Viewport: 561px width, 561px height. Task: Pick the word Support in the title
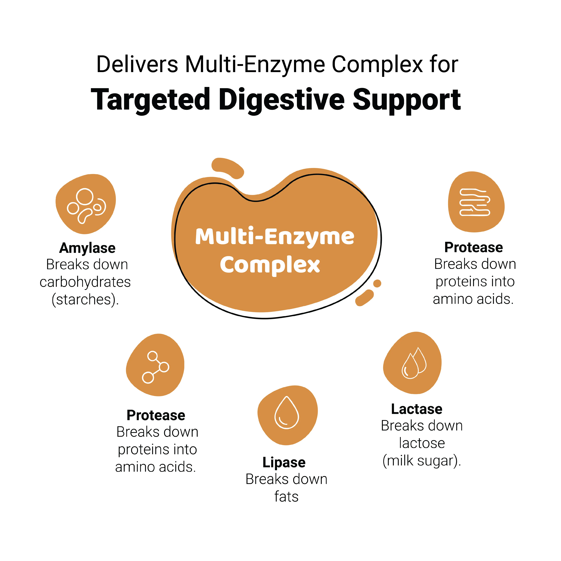[407, 100]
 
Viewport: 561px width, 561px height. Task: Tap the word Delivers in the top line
[137, 65]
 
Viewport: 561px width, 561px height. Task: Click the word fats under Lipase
[286, 497]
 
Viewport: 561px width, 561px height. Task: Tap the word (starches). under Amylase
[85, 300]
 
